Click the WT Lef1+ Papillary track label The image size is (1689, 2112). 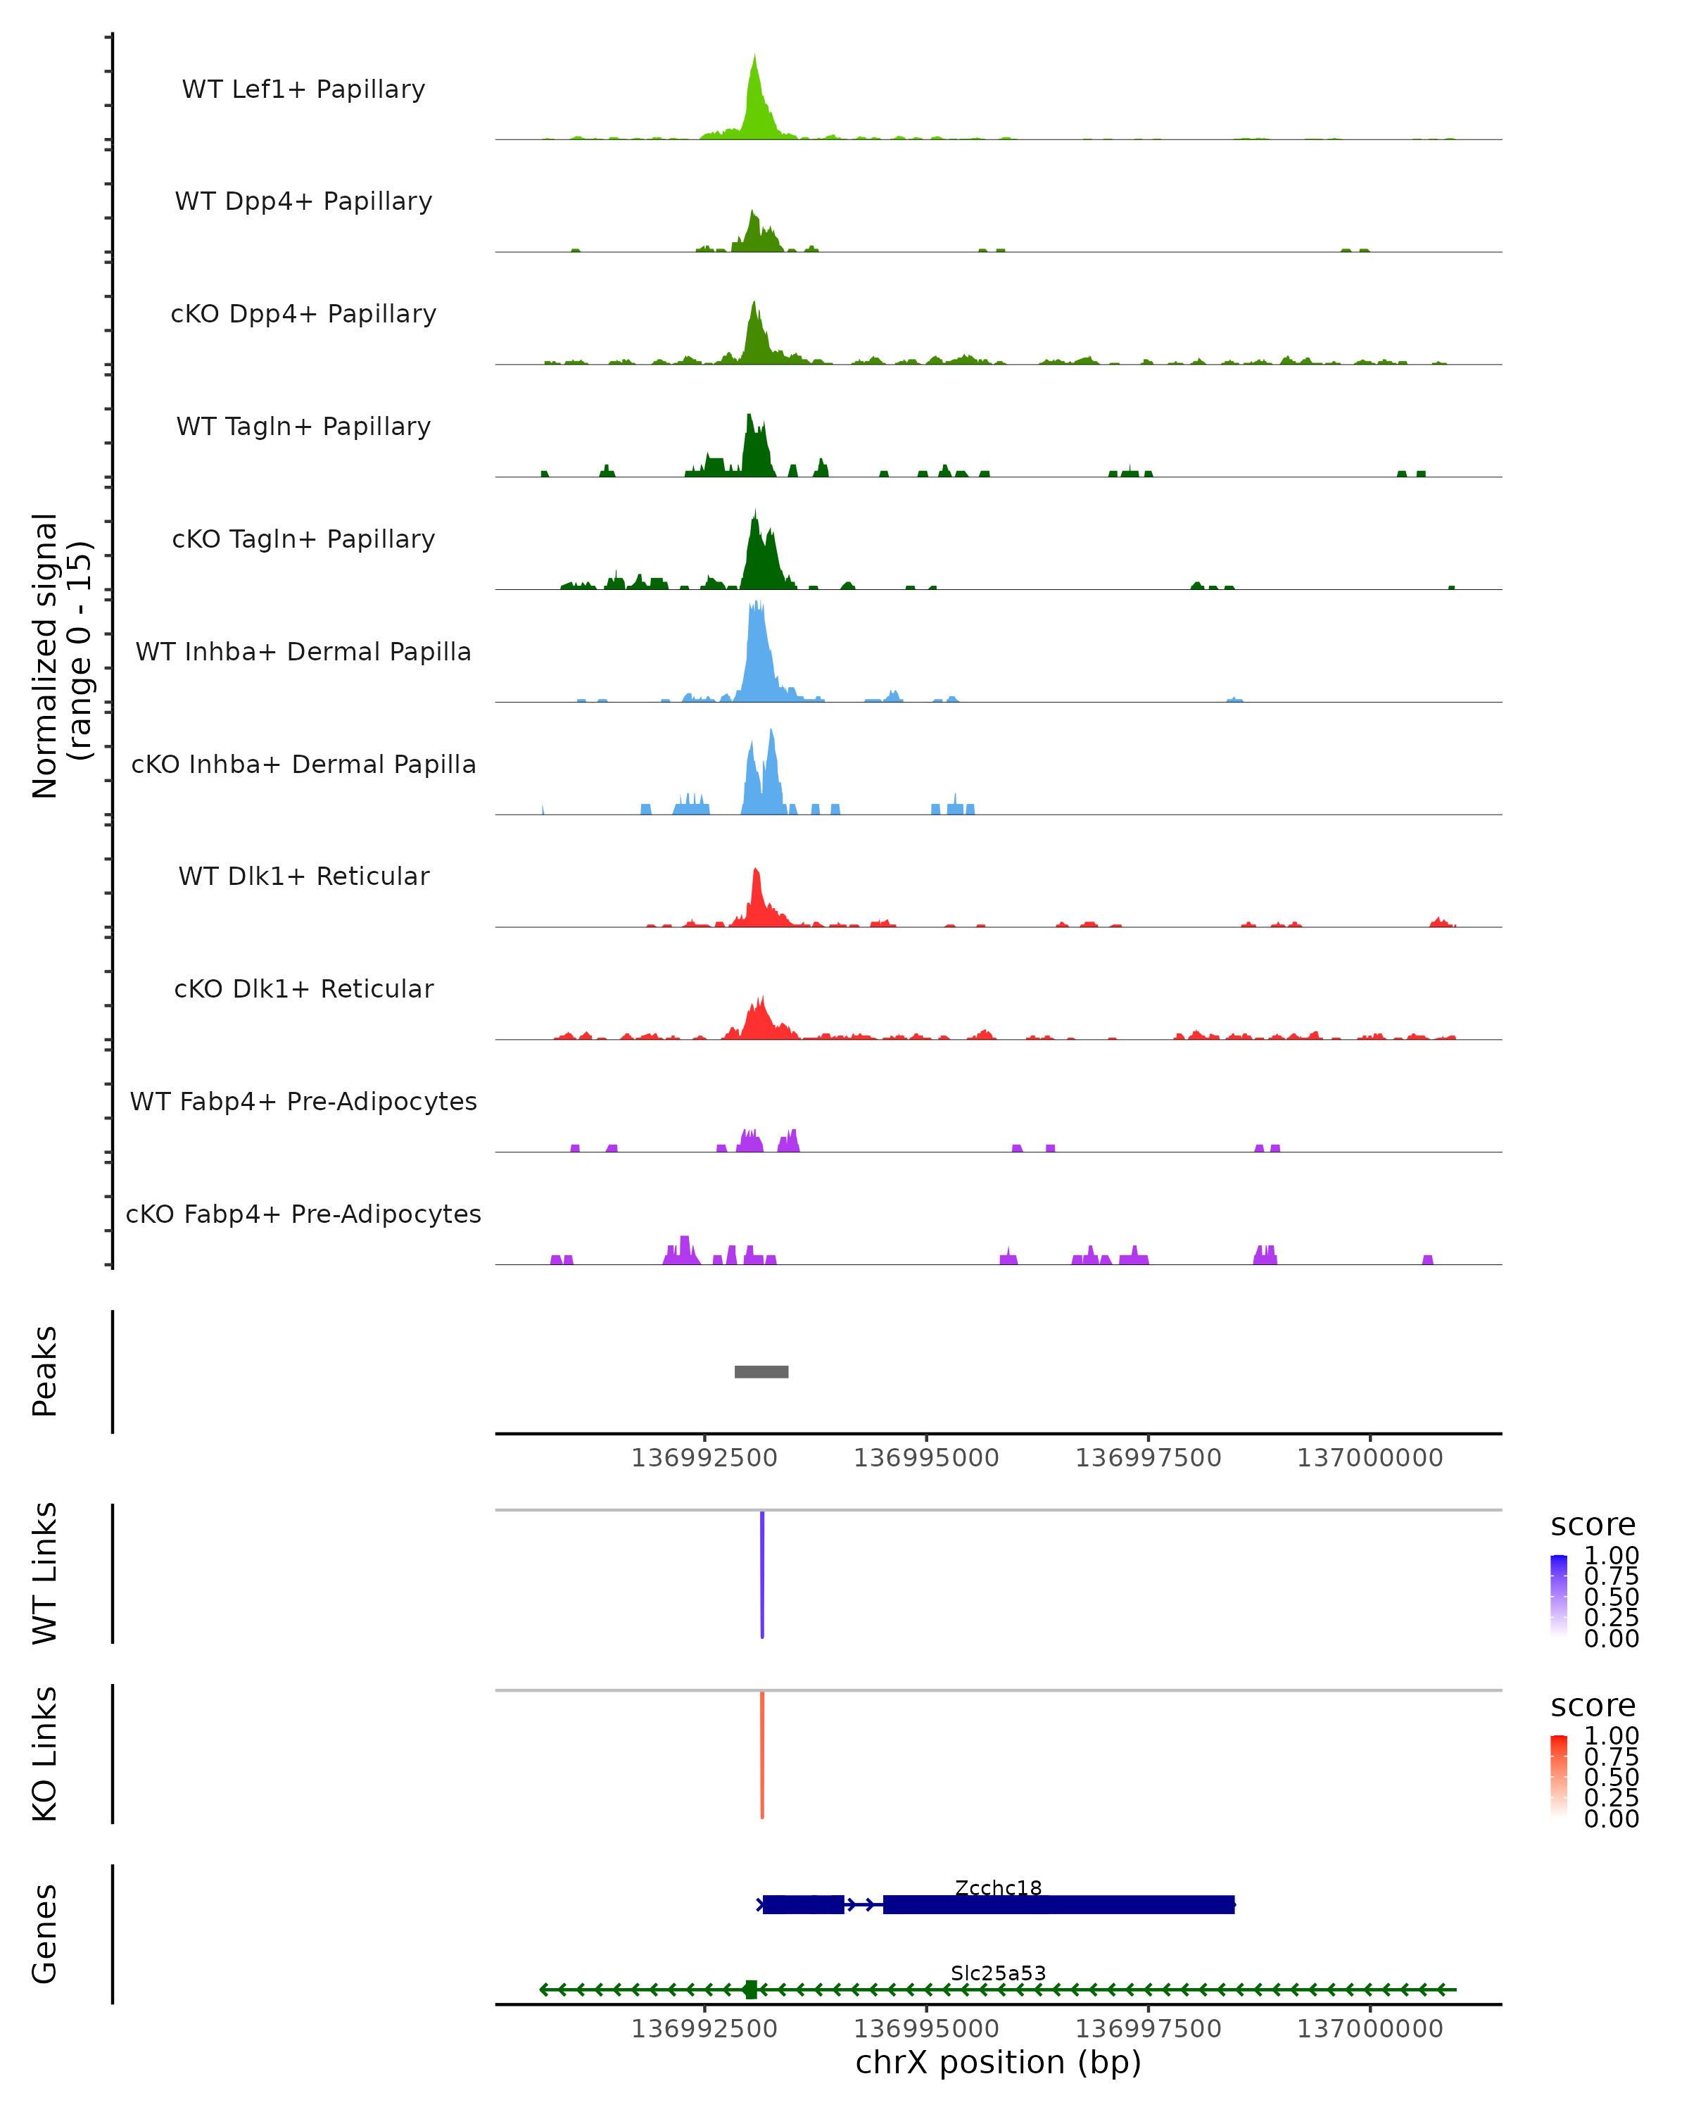(303, 89)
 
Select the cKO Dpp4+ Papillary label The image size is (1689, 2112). (303, 313)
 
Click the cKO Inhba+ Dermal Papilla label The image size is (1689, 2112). (303, 764)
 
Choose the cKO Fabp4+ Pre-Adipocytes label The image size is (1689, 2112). (303, 1214)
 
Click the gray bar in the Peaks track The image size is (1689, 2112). (761, 1371)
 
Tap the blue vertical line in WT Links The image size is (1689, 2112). (761, 1574)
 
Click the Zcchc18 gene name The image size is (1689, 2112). (998, 1887)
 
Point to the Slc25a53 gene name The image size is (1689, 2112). (998, 1973)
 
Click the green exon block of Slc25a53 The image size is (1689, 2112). (750, 1990)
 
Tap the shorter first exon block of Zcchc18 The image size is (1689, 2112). (803, 1904)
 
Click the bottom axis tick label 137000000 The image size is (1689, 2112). (1369, 2029)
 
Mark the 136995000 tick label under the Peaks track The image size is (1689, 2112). (925, 1458)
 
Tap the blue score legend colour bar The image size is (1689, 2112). (1559, 1596)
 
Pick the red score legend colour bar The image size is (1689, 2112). (1559, 1776)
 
